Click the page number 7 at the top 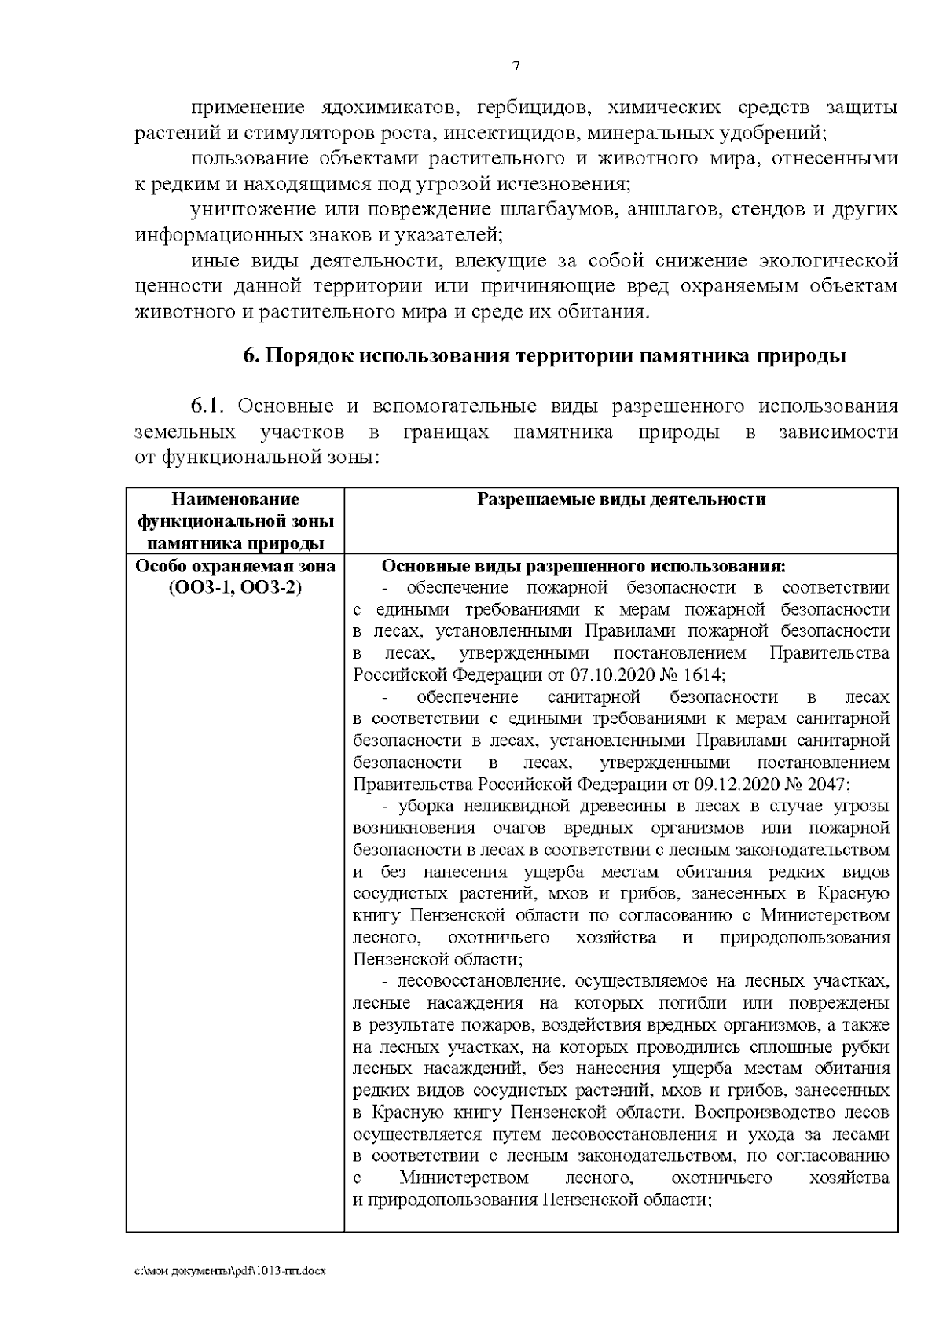tap(516, 67)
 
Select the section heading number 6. tap(251, 356)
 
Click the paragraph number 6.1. tap(207, 406)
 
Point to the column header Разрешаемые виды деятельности tap(621, 500)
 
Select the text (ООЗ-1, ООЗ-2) tap(236, 589)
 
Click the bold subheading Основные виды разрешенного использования tap(582, 567)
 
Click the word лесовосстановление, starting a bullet tap(481, 981)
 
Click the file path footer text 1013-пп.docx tap(298, 1271)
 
